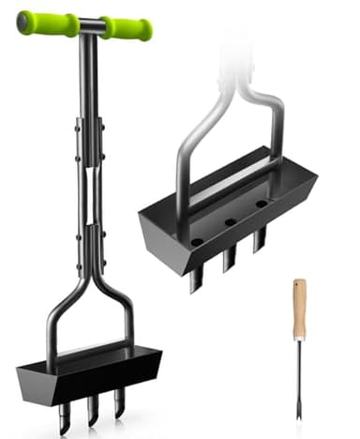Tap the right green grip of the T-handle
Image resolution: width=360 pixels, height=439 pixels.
[127, 28]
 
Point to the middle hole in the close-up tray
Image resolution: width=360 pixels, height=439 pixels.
[228, 222]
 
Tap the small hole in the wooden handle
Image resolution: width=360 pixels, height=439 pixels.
[300, 284]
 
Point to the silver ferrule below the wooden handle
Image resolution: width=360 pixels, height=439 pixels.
[300, 341]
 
